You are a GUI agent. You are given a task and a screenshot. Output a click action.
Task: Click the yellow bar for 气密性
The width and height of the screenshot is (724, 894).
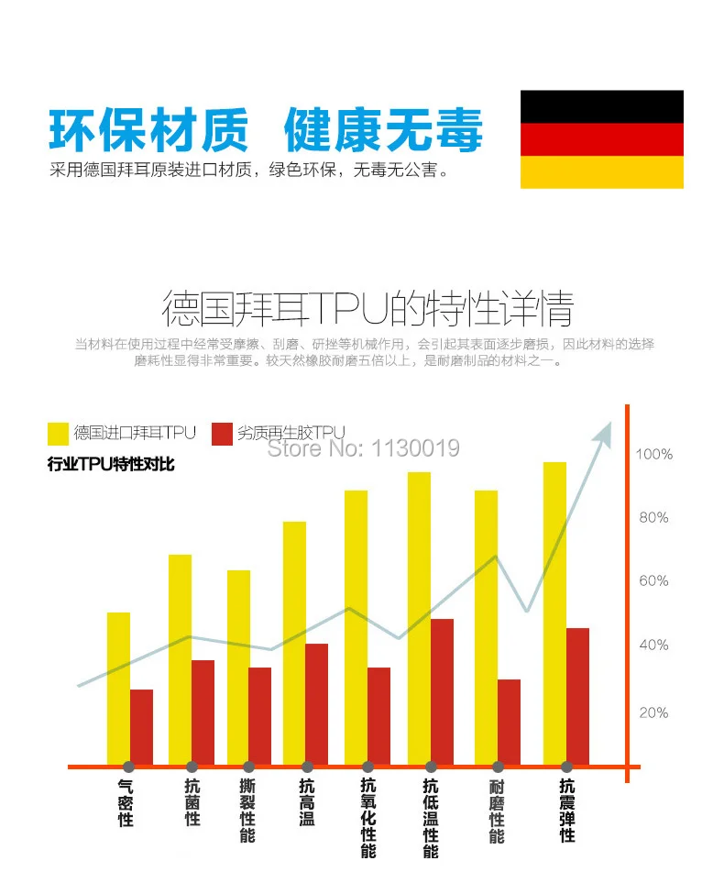pyautogui.click(x=118, y=689)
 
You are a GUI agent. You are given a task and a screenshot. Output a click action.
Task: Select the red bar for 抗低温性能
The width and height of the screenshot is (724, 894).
pyautogui.click(x=442, y=692)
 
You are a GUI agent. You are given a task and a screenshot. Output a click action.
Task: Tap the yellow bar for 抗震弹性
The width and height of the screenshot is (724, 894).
pyautogui.click(x=554, y=613)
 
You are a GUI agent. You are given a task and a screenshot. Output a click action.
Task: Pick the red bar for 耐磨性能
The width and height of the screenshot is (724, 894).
pyautogui.click(x=509, y=723)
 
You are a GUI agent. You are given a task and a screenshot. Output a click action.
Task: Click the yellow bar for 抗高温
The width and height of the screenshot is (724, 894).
pyautogui.click(x=295, y=643)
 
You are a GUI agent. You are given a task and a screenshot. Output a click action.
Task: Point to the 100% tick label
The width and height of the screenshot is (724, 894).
pyautogui.click(x=653, y=455)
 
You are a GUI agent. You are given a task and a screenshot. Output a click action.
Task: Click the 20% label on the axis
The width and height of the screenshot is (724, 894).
pyautogui.click(x=653, y=712)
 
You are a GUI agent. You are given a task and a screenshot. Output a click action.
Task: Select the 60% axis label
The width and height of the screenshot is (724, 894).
pyautogui.click(x=653, y=581)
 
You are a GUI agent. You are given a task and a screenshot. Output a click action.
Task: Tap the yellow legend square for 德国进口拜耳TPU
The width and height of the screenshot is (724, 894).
pyautogui.click(x=58, y=434)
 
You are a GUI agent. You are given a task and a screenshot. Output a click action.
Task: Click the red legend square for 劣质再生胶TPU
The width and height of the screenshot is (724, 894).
pyautogui.click(x=222, y=434)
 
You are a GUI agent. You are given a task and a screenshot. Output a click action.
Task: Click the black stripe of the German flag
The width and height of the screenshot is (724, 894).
pyautogui.click(x=602, y=106)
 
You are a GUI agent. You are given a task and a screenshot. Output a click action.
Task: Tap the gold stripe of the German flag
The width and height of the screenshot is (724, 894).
pyautogui.click(x=602, y=172)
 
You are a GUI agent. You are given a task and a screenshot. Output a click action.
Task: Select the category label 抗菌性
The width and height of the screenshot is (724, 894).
pyautogui.click(x=192, y=802)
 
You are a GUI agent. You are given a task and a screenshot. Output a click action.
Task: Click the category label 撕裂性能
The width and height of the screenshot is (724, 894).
pyautogui.click(x=247, y=811)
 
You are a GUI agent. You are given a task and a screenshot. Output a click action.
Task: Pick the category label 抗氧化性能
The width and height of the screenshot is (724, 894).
pyautogui.click(x=368, y=818)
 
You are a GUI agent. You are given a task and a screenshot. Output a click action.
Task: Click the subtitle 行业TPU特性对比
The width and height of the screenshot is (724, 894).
pyautogui.click(x=111, y=464)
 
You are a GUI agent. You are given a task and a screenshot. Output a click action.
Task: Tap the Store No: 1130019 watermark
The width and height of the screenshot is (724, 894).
pyautogui.click(x=363, y=448)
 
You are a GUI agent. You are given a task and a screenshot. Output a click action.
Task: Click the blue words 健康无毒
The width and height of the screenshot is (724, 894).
pyautogui.click(x=384, y=130)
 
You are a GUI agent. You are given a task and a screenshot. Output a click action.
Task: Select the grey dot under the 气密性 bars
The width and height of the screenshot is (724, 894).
pyautogui.click(x=129, y=767)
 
